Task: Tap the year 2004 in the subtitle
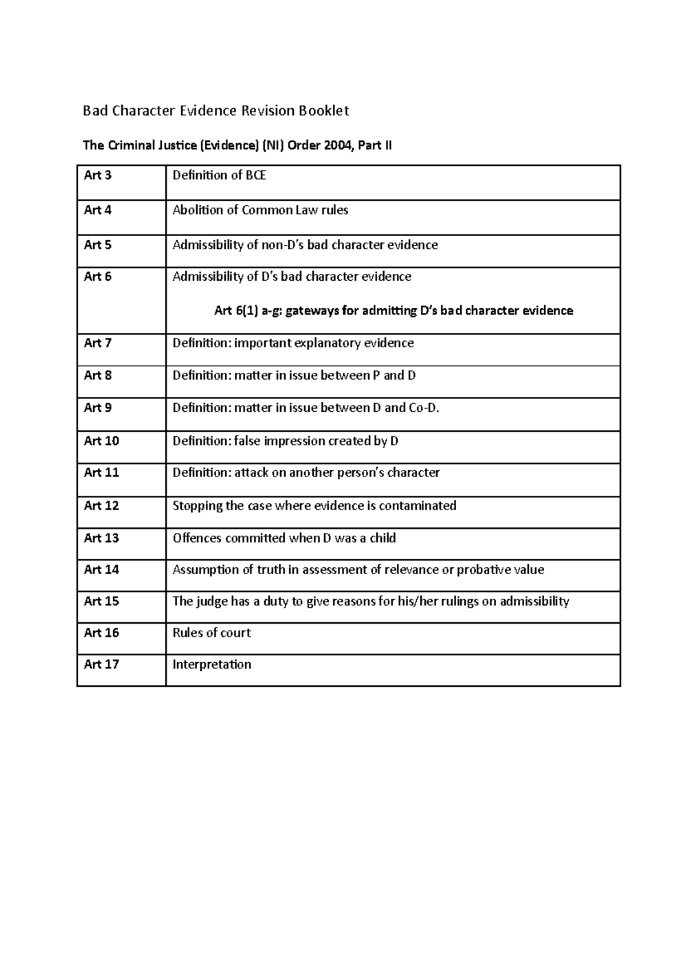pos(338,145)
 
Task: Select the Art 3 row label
pos(98,176)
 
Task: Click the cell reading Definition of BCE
pos(219,176)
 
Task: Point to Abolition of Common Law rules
pos(260,210)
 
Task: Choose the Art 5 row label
pos(98,245)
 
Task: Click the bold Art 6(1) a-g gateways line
pos(393,311)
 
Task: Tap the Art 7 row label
pos(98,343)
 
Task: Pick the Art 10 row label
pos(101,441)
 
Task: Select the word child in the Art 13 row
pos(382,538)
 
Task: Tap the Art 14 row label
pos(101,570)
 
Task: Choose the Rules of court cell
pos(212,633)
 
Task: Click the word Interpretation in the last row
pos(212,664)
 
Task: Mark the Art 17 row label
pos(101,664)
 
